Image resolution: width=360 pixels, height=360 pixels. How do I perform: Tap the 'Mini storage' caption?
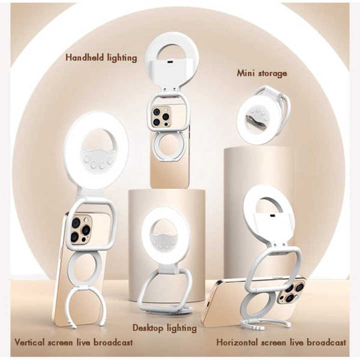pyautogui.click(x=261, y=73)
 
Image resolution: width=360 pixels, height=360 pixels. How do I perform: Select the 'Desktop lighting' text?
pyautogui.click(x=165, y=328)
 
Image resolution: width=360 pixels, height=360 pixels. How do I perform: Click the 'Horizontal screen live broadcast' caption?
pyautogui.click(x=281, y=343)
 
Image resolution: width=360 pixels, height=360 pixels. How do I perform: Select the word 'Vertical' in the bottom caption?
pyautogui.click(x=29, y=343)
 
